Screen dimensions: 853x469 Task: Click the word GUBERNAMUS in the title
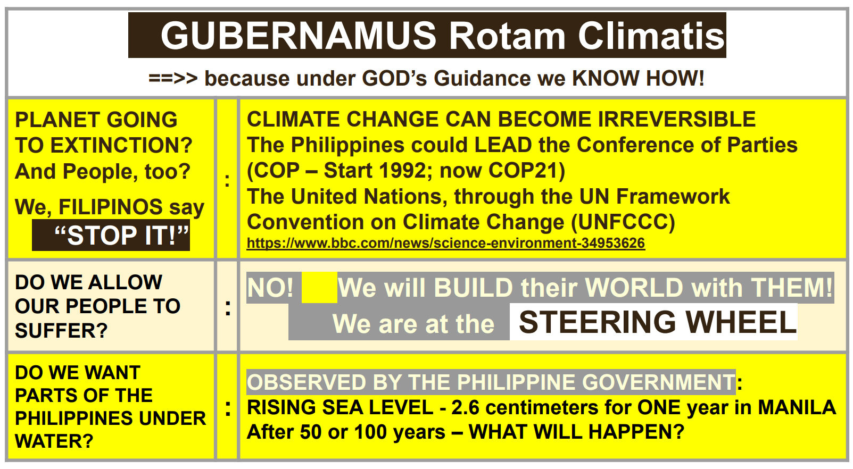[x=298, y=36]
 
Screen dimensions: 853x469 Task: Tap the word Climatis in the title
[x=651, y=36]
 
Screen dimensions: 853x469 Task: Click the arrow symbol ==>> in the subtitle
[x=173, y=78]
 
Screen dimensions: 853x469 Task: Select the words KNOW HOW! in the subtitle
[x=638, y=78]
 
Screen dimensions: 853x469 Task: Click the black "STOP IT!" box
[x=111, y=235]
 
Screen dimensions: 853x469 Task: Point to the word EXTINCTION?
[x=121, y=145]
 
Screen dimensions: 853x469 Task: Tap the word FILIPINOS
[x=111, y=207]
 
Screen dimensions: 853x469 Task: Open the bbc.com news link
[x=446, y=243]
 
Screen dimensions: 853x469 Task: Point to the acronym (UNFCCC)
[x=623, y=222]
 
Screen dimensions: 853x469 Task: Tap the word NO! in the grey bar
[x=270, y=288]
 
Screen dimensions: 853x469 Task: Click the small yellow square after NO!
[x=319, y=288]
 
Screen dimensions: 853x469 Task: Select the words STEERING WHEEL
[x=658, y=322]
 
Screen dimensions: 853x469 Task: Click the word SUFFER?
[x=61, y=330]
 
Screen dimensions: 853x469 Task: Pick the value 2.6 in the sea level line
[x=465, y=407]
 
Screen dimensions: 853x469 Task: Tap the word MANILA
[x=797, y=407]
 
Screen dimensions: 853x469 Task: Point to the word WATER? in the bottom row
[x=54, y=441]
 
